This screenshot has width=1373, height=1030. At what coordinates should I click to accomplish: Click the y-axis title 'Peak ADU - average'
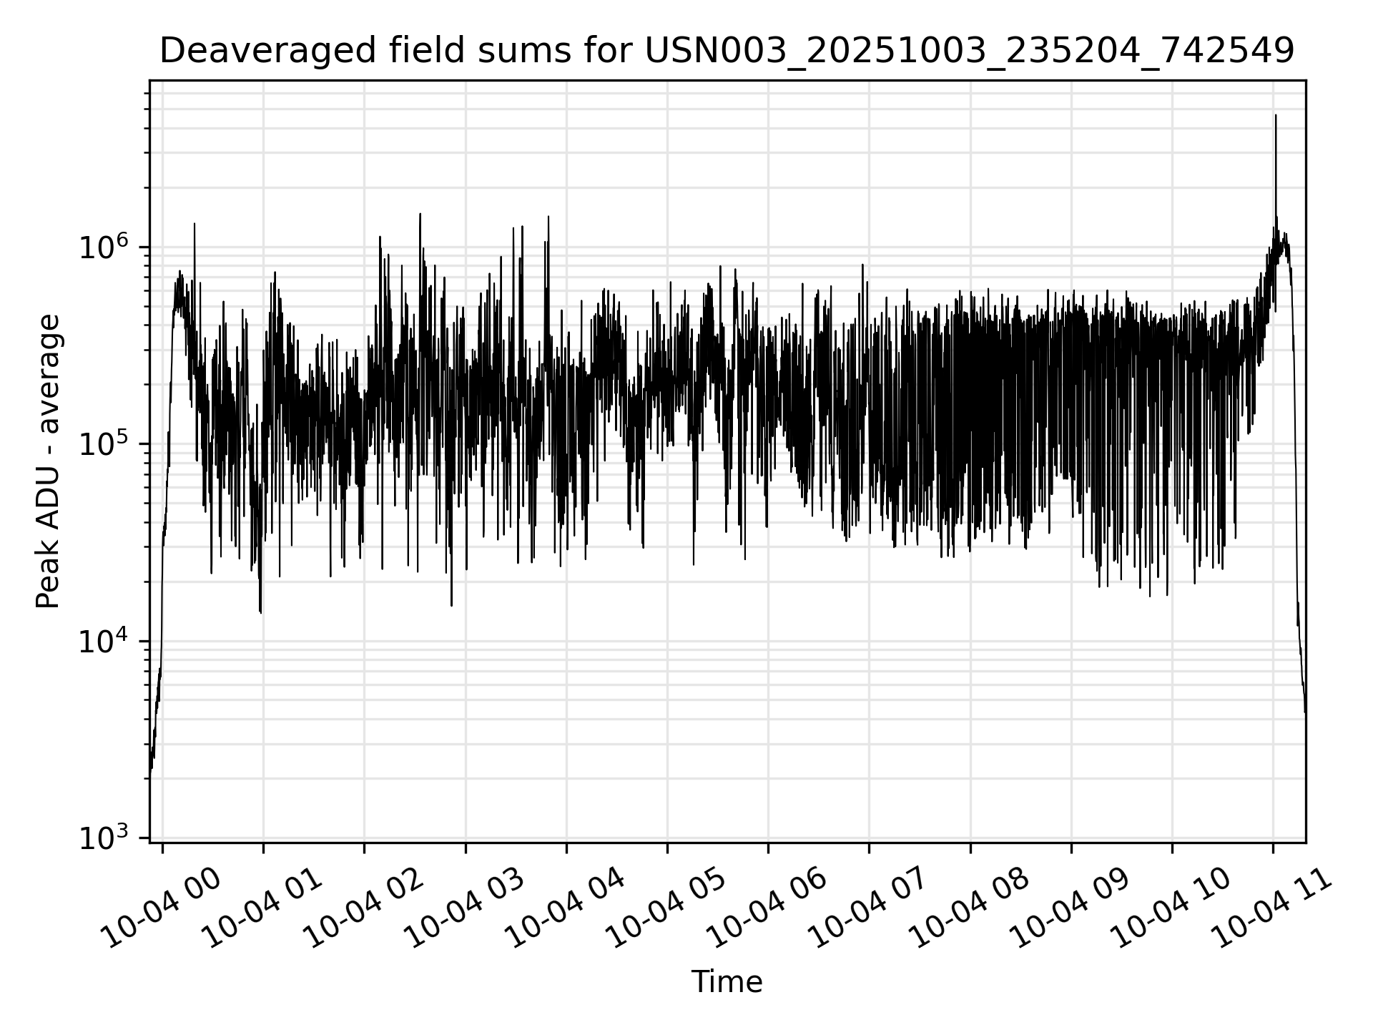(x=49, y=462)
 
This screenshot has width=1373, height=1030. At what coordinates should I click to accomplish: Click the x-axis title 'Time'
(x=727, y=982)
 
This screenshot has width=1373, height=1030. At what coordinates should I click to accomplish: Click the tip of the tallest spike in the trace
(x=1276, y=115)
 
